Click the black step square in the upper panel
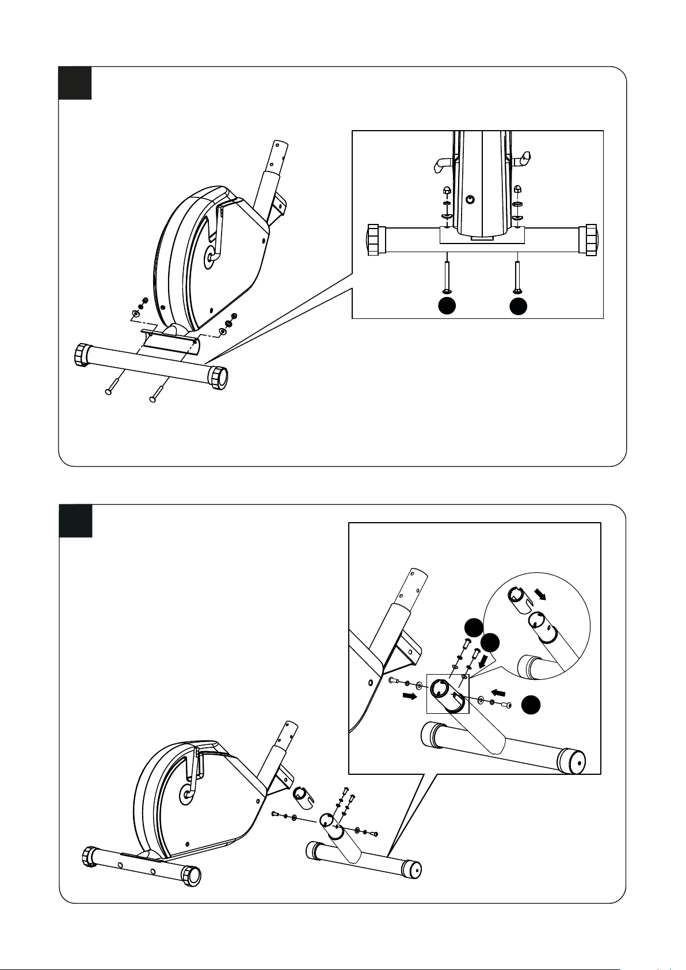click(75, 83)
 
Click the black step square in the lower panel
click(75, 520)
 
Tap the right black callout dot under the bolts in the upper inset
click(518, 306)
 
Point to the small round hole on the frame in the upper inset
click(470, 199)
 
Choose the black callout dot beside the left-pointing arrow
click(531, 705)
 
